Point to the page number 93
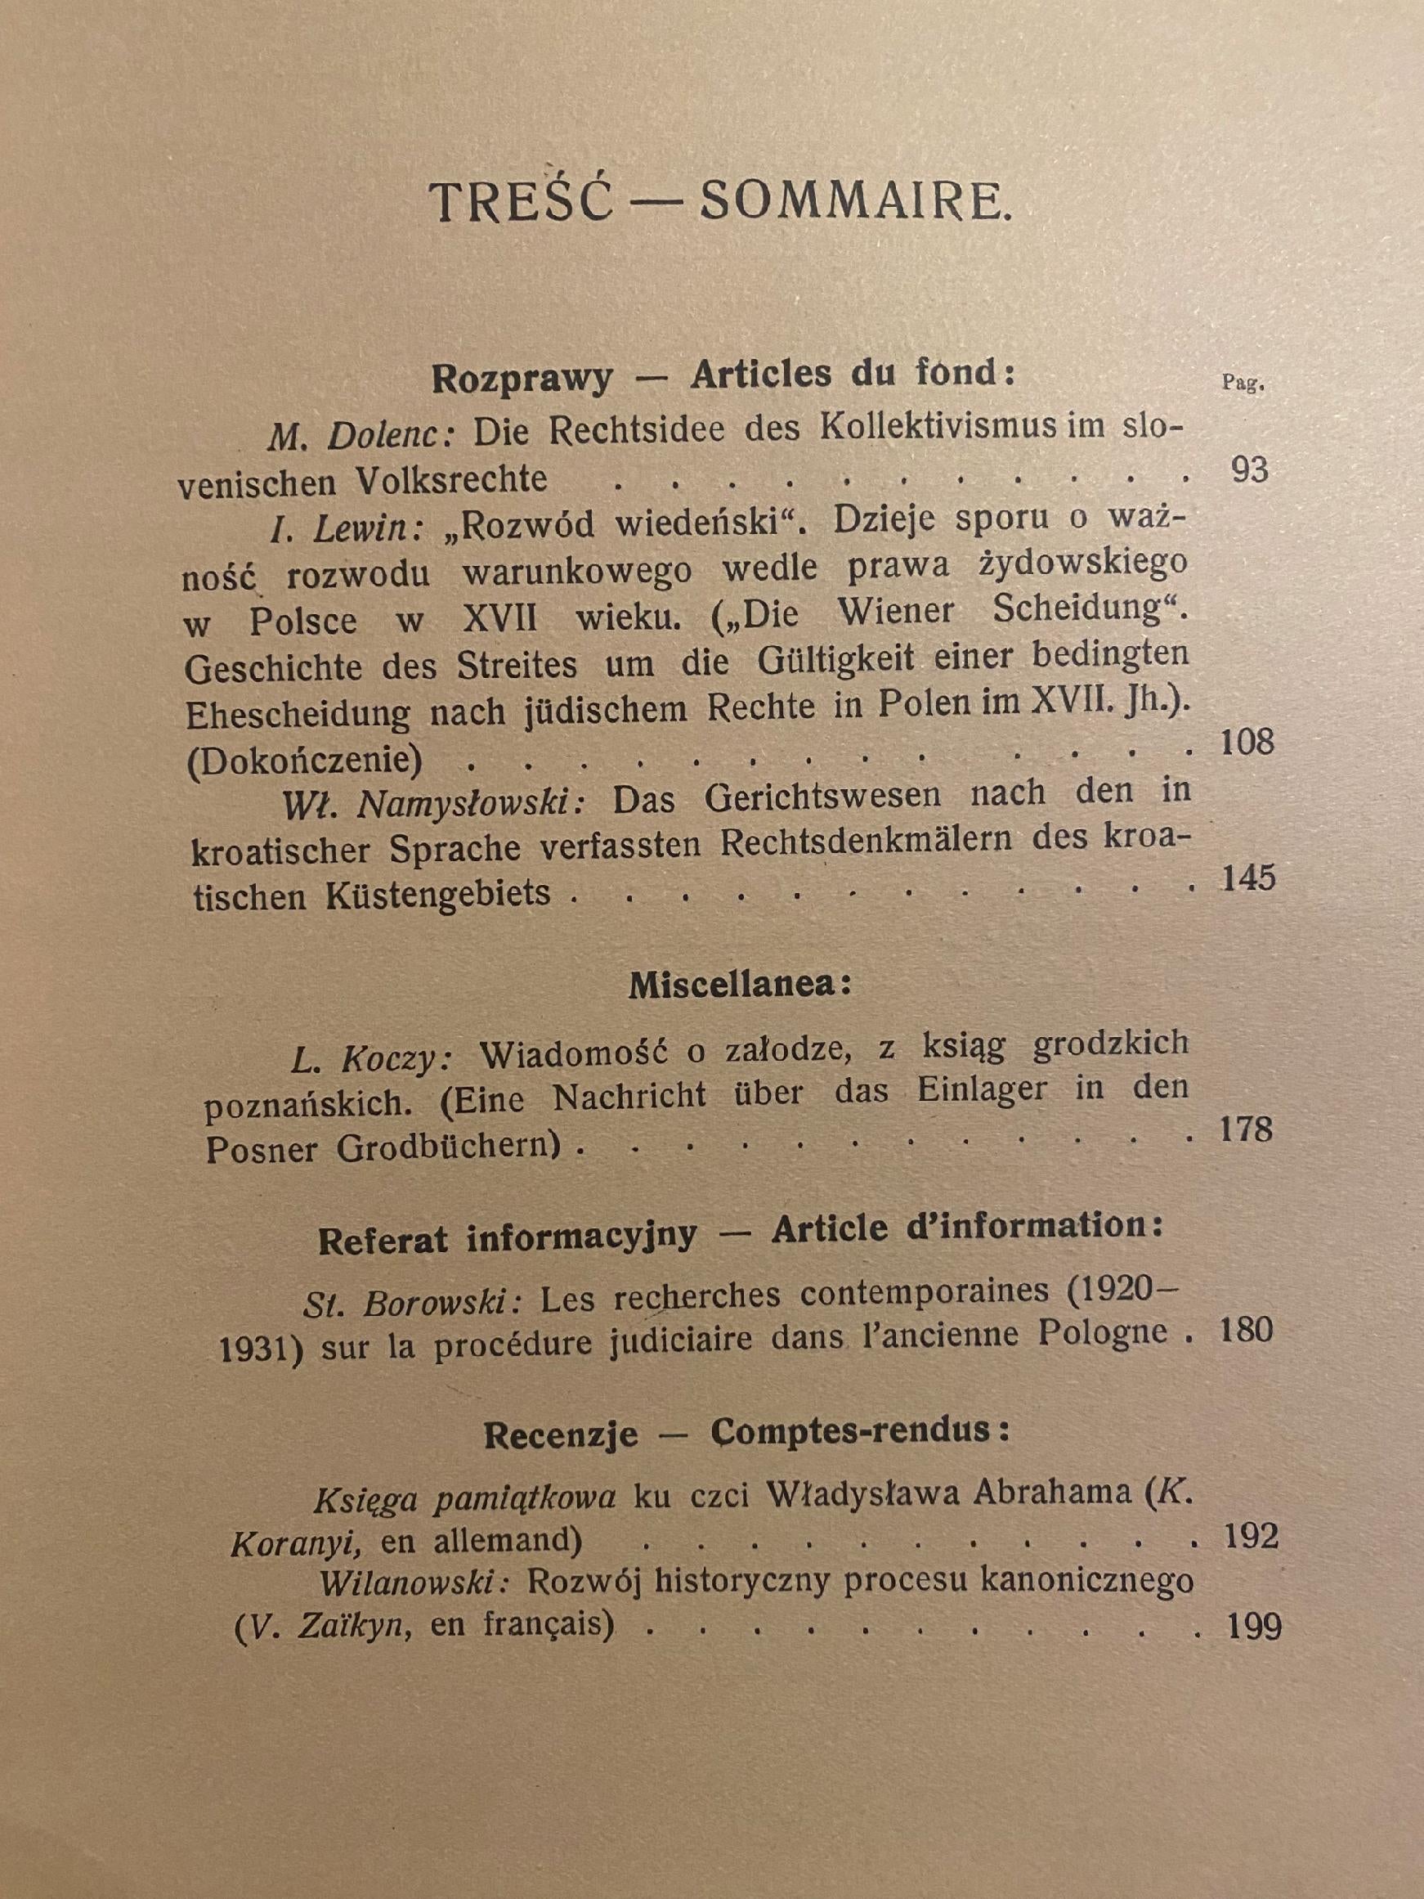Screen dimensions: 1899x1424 click(x=1249, y=471)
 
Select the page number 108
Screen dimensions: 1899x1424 click(x=1247, y=742)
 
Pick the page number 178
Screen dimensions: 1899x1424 click(x=1247, y=1130)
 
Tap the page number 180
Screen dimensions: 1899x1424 click(x=1247, y=1331)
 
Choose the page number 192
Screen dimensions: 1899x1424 click(x=1249, y=1536)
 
